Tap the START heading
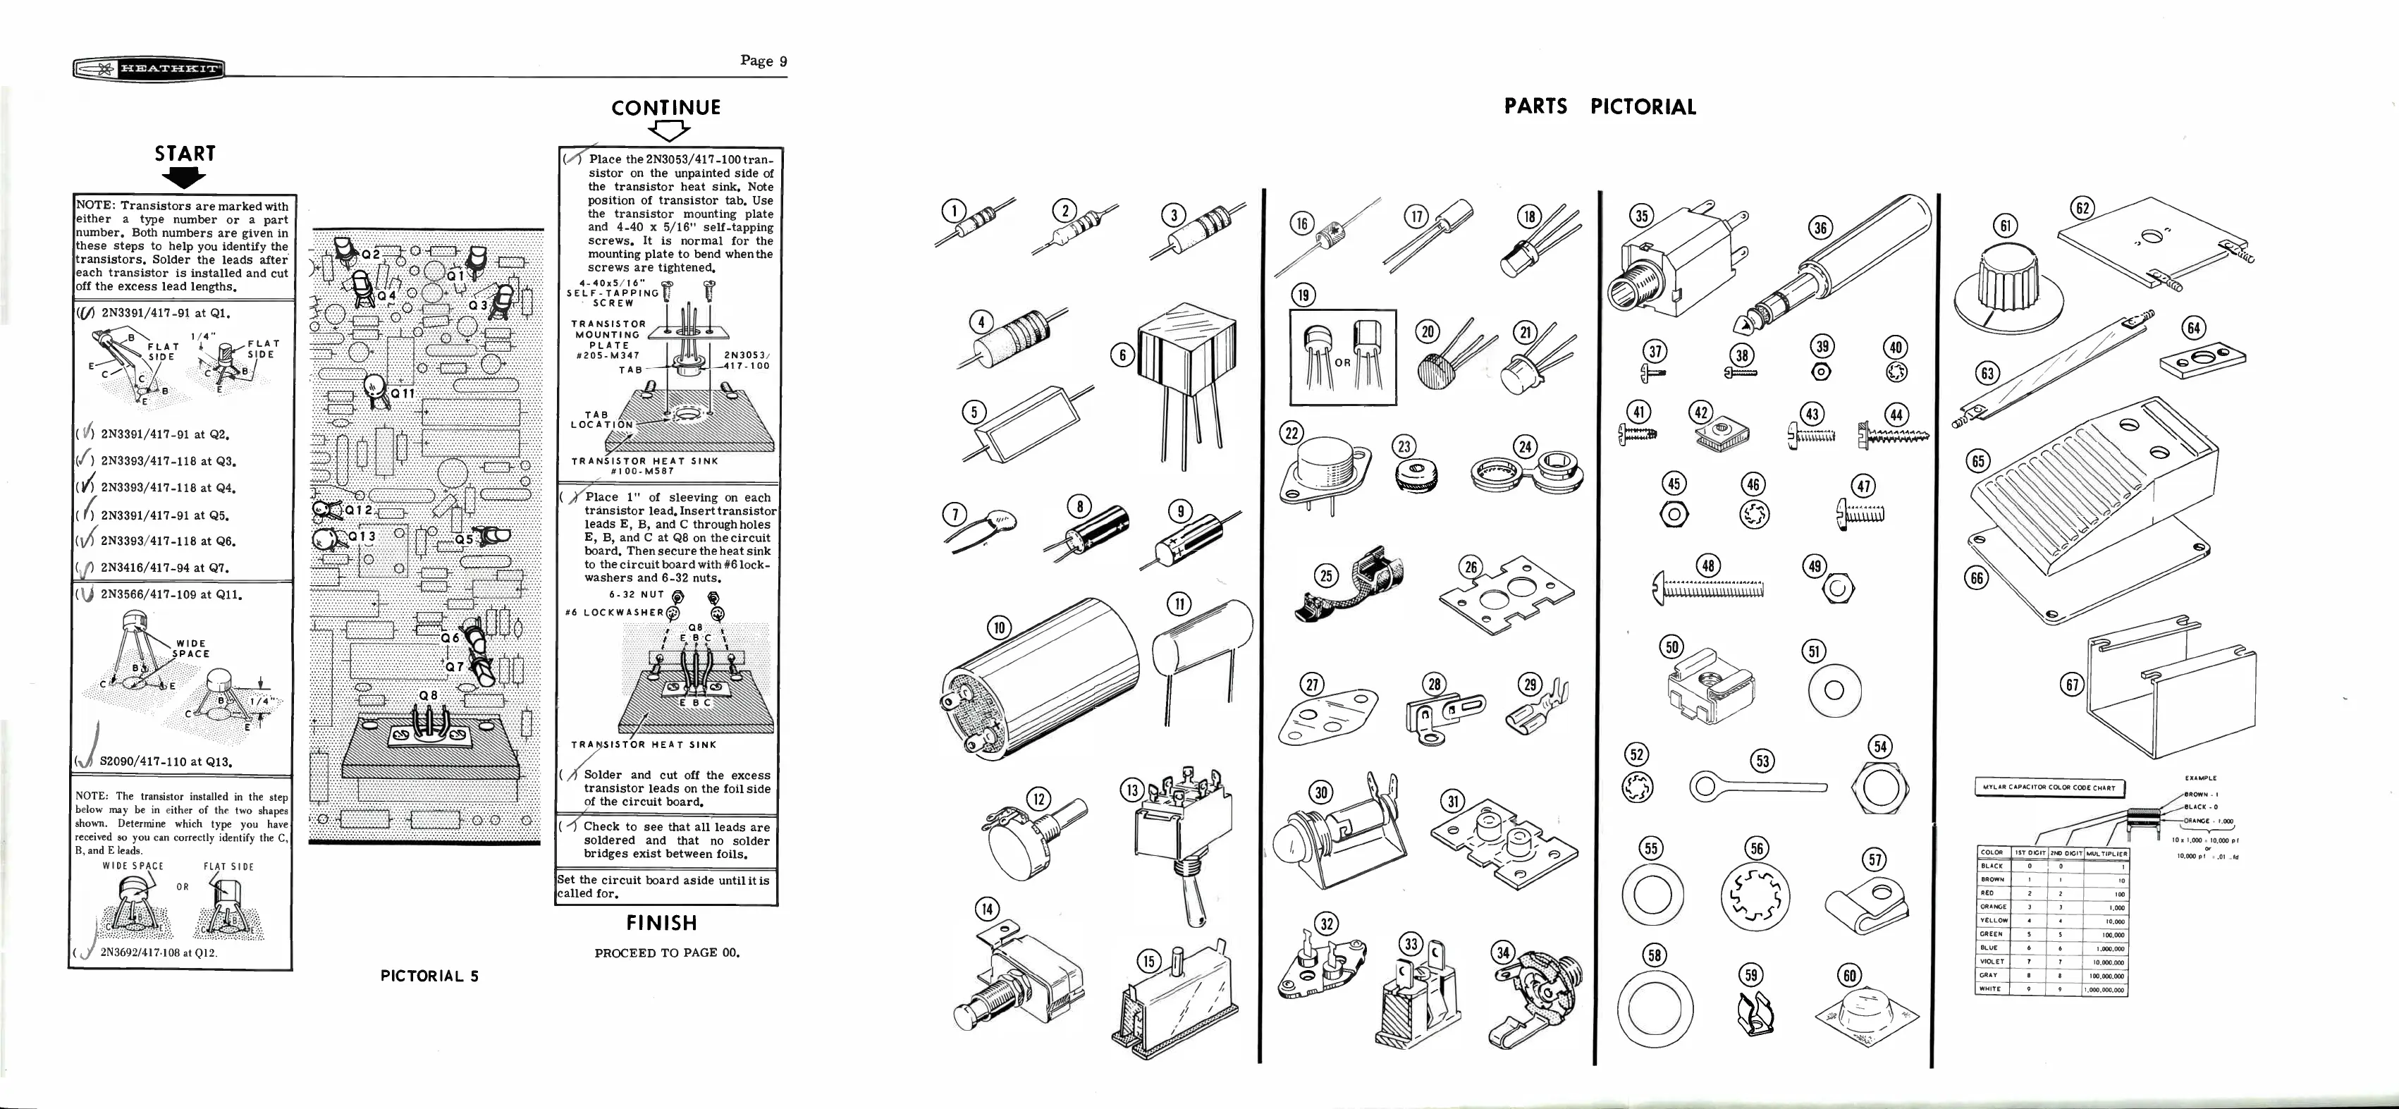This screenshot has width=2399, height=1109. point(185,154)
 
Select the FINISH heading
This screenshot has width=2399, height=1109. point(661,923)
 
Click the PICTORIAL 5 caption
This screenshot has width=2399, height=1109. point(429,976)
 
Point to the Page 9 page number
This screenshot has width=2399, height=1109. point(763,61)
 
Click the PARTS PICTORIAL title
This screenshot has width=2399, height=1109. point(1600,106)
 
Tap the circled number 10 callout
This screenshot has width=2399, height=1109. point(998,627)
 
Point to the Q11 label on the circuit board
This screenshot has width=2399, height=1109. point(403,393)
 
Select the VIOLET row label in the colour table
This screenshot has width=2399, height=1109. point(1991,962)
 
